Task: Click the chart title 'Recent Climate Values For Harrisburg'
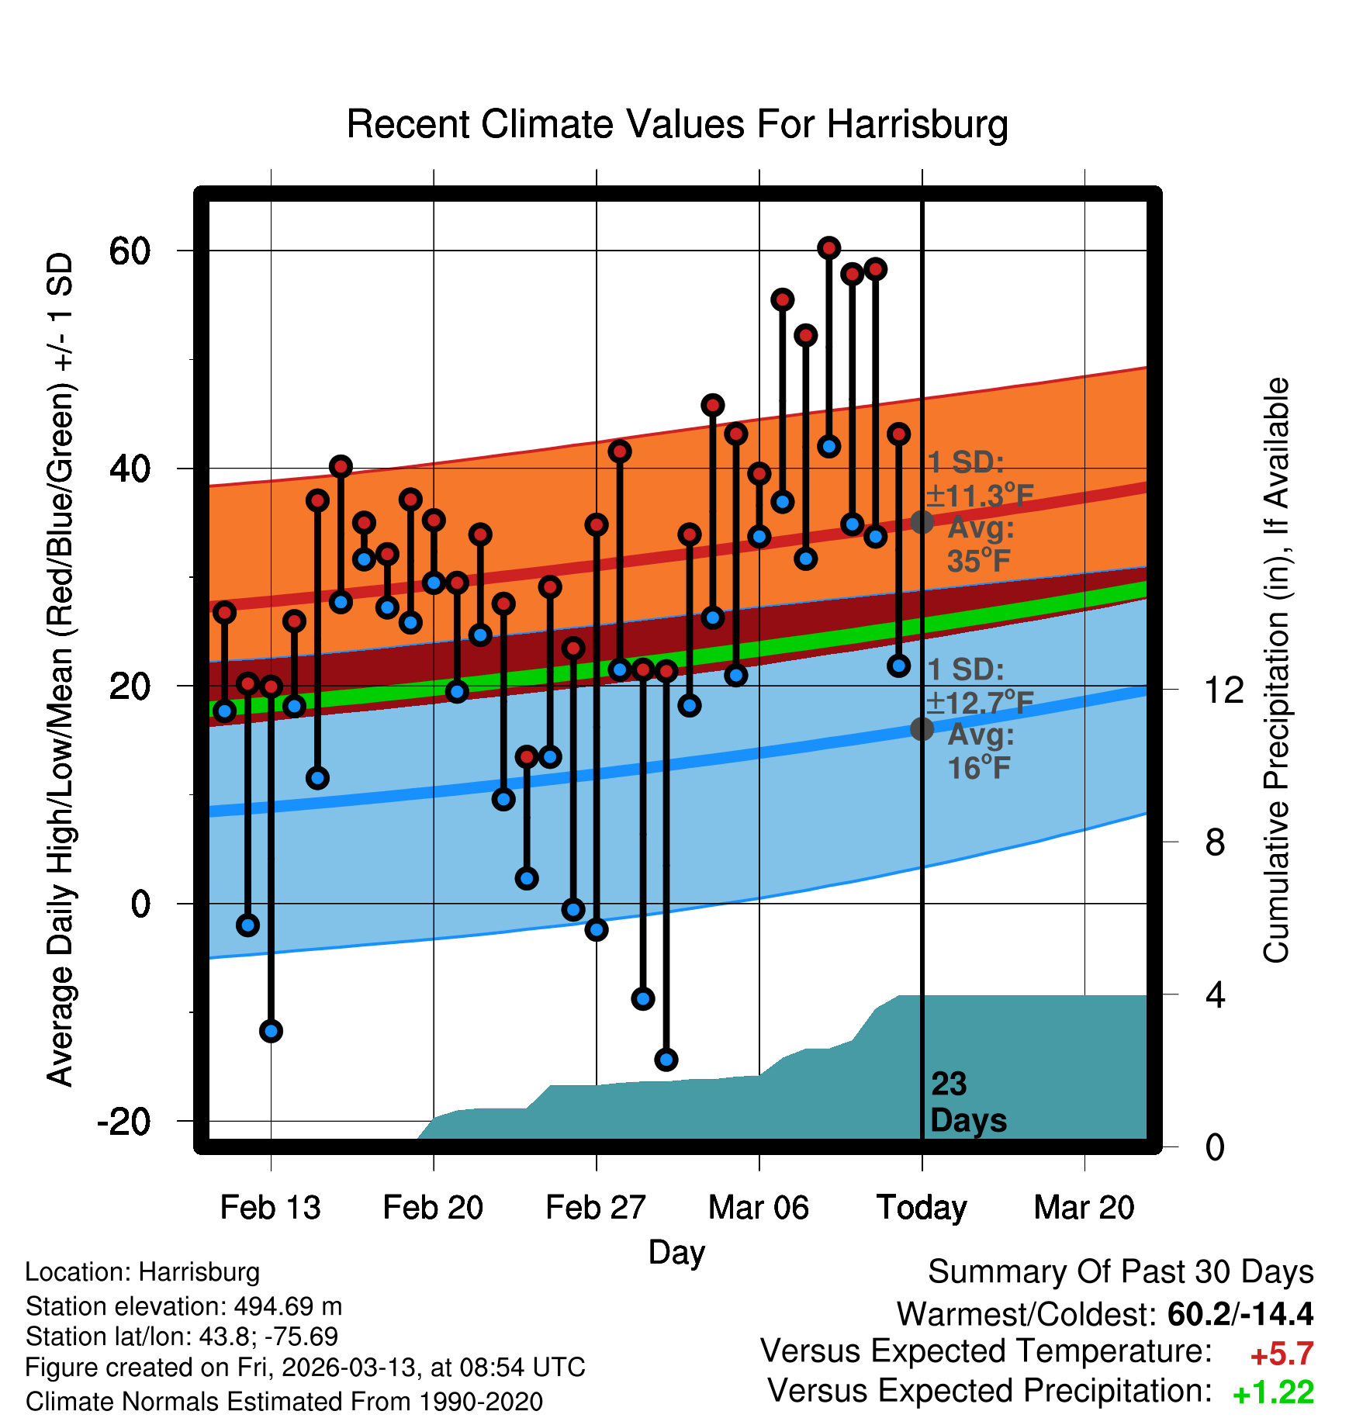[676, 124]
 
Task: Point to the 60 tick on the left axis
[130, 251]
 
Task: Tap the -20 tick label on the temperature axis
[124, 1122]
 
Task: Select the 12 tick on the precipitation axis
[1223, 690]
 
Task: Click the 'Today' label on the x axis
[922, 1208]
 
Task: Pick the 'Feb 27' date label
[596, 1208]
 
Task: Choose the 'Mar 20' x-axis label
[1084, 1208]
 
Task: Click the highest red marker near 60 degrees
[828, 248]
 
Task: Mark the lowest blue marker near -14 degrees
[666, 1060]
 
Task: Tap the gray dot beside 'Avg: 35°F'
[922, 522]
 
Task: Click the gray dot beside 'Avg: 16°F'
[922, 729]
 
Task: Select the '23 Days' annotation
[967, 1102]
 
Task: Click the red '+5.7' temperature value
[1282, 1354]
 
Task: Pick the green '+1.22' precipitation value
[1273, 1393]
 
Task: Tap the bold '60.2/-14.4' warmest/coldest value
[1240, 1314]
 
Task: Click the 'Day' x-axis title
[676, 1253]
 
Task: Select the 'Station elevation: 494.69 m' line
[184, 1306]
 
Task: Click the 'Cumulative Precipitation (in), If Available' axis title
[1276, 671]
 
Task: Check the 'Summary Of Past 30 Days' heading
[1120, 1272]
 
